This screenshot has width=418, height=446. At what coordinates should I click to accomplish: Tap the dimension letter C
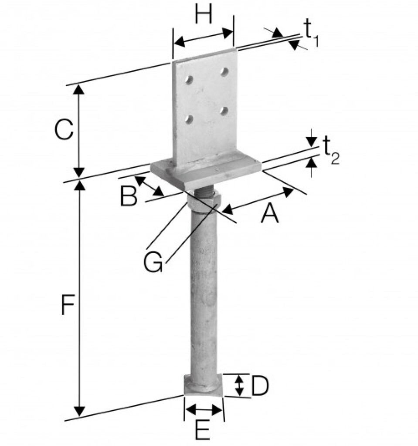[64, 130]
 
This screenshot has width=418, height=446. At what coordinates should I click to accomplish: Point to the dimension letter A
[269, 214]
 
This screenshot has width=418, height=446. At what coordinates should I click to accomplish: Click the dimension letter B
[129, 197]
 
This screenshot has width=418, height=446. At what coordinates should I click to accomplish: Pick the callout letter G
[153, 263]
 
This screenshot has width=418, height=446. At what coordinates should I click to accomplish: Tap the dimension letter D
[260, 386]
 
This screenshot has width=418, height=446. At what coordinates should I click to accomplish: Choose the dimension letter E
[202, 432]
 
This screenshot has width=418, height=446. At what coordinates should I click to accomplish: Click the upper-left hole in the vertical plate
[190, 80]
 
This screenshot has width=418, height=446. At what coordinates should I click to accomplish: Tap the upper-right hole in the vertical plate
[224, 71]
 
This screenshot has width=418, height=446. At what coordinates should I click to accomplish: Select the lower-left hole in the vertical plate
[189, 118]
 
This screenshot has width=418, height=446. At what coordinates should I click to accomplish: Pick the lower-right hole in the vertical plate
[224, 111]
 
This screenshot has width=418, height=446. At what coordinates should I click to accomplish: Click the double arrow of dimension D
[239, 386]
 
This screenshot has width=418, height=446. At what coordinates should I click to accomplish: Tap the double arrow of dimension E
[204, 409]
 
